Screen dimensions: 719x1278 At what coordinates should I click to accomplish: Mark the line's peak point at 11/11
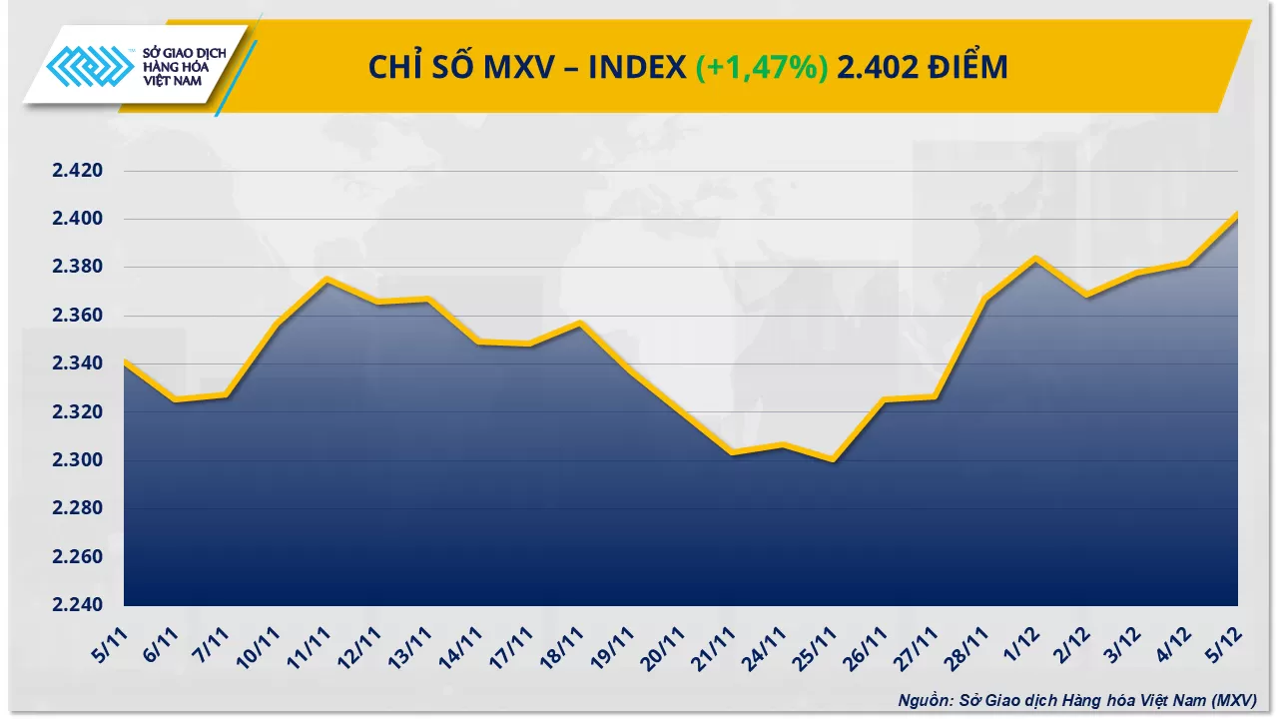[327, 279]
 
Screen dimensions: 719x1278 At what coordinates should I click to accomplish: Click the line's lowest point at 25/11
[833, 460]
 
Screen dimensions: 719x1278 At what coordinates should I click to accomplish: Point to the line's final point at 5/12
[1237, 214]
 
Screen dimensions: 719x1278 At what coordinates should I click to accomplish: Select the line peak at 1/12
[1035, 258]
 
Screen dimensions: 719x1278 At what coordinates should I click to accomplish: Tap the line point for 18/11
[580, 323]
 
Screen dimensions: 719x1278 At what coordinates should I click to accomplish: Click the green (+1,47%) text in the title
[761, 67]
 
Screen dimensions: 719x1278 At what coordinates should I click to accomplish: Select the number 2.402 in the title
[876, 67]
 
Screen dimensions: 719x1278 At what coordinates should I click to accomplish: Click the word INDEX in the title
[637, 67]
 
